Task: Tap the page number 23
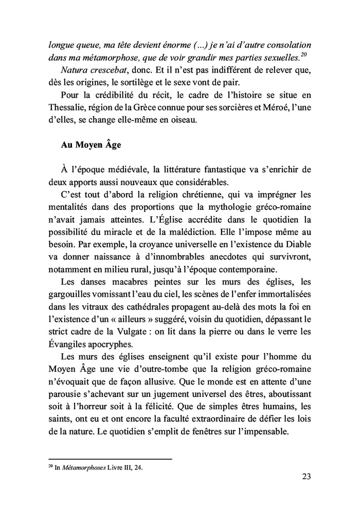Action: point(306,476)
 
